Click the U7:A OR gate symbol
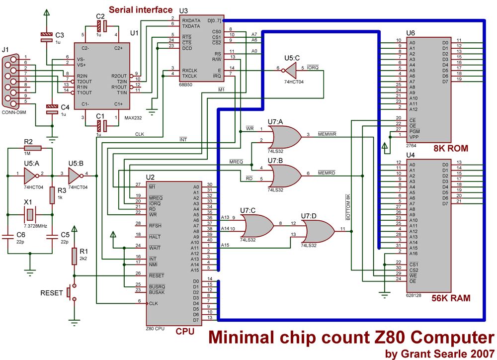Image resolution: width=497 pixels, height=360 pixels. coord(284,135)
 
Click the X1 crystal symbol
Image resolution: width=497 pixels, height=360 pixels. coord(30,215)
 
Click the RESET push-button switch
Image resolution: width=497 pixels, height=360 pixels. coord(71,292)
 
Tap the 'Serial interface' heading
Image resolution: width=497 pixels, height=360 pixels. coord(141,9)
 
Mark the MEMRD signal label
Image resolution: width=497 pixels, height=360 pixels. coord(327,173)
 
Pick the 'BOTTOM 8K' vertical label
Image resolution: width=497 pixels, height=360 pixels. coord(348,207)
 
